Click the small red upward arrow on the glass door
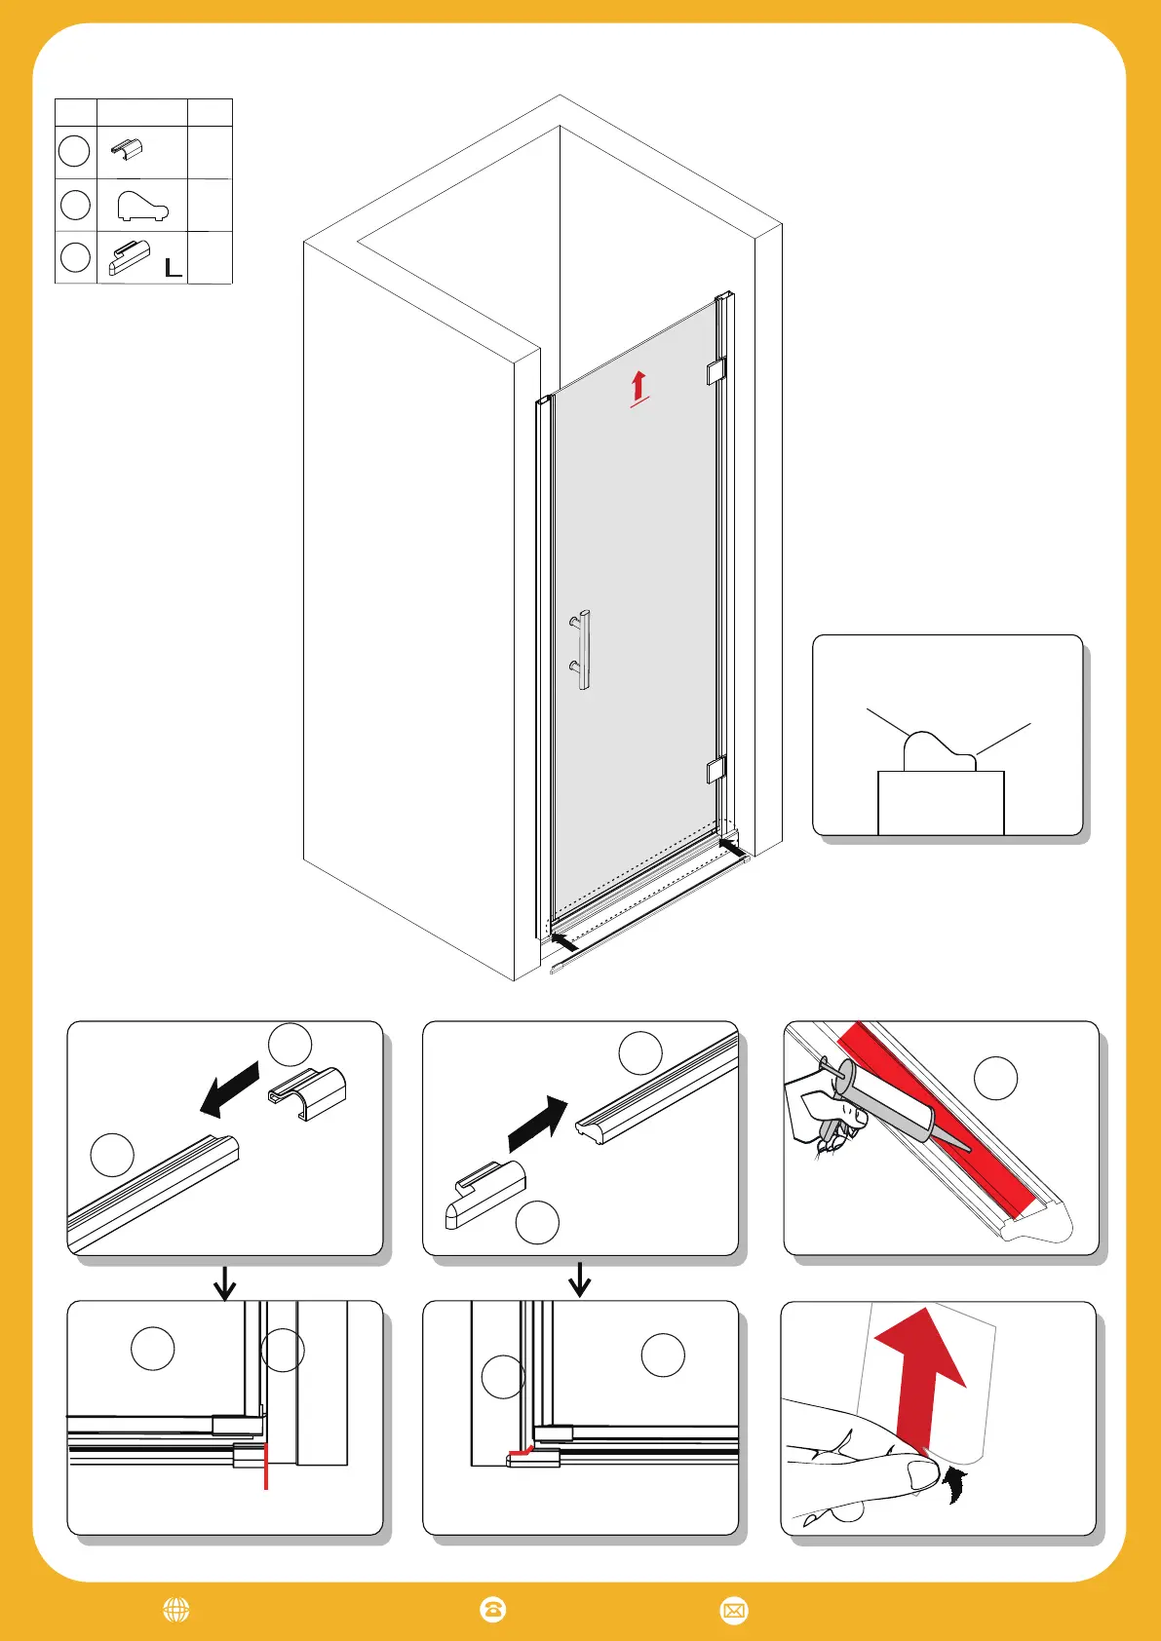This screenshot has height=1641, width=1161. pos(639,386)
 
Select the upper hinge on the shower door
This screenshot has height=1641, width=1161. pos(716,371)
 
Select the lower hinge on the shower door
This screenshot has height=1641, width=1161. pos(716,770)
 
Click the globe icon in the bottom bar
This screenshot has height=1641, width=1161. pos(176,1610)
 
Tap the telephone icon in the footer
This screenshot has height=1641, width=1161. pos(493,1610)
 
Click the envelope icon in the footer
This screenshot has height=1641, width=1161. pos(733,1610)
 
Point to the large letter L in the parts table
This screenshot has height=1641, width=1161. pos(173,268)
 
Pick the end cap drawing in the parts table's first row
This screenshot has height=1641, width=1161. pos(127,150)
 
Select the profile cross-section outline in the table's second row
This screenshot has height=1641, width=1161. pos(142,206)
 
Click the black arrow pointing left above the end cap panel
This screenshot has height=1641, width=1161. pos(229,1089)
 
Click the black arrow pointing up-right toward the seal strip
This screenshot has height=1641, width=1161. pos(538,1124)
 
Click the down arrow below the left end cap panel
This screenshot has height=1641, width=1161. pos(225,1281)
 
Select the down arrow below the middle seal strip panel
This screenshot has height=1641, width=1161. pos(580,1279)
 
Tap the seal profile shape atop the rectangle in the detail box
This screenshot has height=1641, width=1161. pos(938,752)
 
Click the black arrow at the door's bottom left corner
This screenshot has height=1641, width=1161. pos(563,941)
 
